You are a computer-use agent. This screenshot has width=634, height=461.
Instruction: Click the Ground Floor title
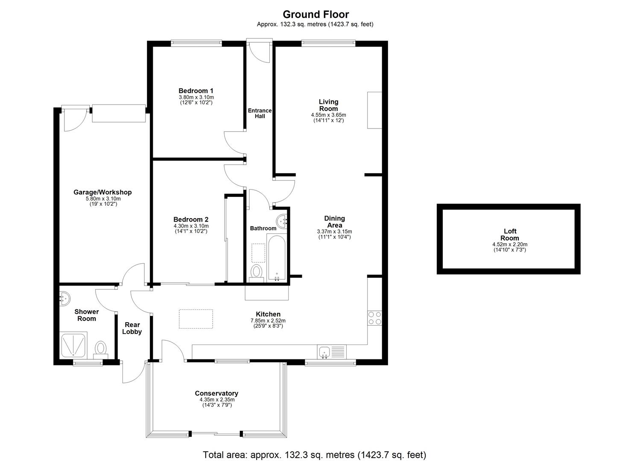click(316, 15)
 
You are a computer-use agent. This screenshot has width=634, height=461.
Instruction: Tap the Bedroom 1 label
click(196, 91)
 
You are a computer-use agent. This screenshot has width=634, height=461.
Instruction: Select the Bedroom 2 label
click(191, 220)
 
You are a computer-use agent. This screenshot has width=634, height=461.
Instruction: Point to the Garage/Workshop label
click(102, 193)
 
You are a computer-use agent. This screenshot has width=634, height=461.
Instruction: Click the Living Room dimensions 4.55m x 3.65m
click(328, 115)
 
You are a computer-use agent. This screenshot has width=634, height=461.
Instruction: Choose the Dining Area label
click(334, 222)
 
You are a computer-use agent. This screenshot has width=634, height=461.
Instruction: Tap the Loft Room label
click(510, 235)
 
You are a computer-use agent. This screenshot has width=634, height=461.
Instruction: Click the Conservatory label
click(216, 394)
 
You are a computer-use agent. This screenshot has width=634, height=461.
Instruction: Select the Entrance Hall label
click(260, 113)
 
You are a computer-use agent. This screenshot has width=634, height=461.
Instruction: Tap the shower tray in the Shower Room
click(74, 344)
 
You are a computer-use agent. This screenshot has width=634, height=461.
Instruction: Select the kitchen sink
click(324, 353)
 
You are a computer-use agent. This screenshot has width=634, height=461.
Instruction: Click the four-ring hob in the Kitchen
click(375, 318)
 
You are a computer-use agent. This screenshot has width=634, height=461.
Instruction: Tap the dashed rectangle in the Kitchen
click(196, 319)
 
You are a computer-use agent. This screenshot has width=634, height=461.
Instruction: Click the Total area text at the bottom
click(314, 455)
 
